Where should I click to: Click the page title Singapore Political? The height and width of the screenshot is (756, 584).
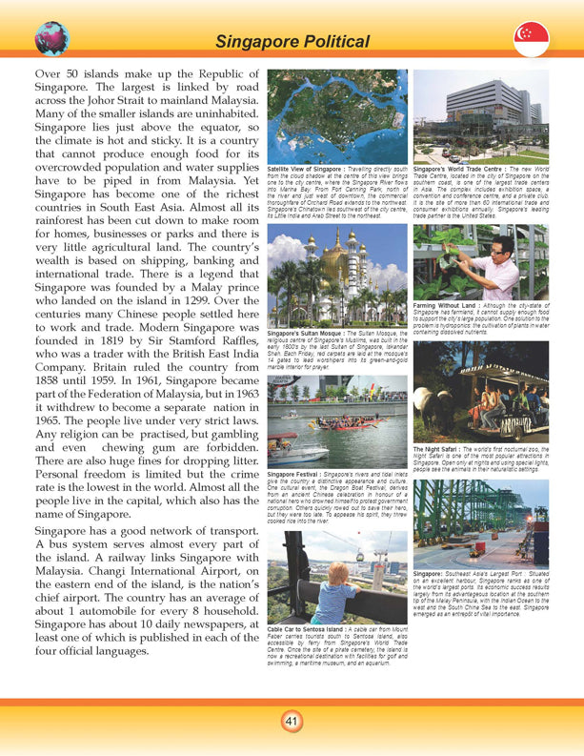point(292,41)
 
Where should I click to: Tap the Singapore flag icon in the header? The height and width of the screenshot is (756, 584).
point(531,39)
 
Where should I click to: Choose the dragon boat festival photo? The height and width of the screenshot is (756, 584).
point(337,424)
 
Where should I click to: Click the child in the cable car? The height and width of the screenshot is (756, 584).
point(333,592)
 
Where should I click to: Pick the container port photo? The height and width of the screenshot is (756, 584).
point(481,520)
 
